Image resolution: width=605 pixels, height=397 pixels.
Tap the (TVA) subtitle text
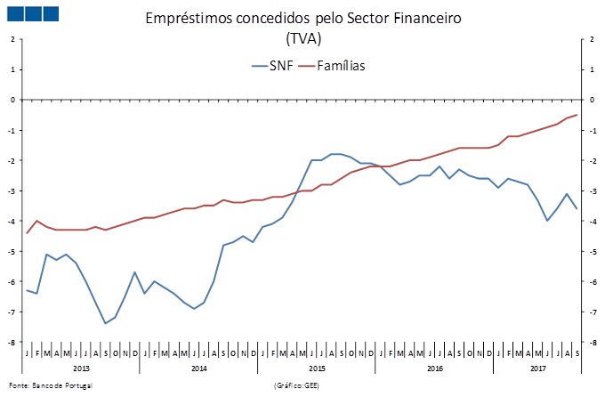[x=302, y=40]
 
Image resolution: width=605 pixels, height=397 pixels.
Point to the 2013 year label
[x=80, y=368]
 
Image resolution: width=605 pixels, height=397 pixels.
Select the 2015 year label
[x=316, y=368]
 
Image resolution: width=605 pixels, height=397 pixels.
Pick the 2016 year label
[x=434, y=368]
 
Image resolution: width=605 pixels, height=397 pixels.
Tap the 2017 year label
[x=536, y=368]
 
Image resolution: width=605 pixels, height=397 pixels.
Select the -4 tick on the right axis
[x=592, y=222]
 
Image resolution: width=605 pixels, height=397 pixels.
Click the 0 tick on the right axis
[x=592, y=100]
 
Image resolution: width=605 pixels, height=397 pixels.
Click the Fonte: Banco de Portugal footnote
[x=50, y=385]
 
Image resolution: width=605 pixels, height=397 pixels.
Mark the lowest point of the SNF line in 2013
[x=106, y=323]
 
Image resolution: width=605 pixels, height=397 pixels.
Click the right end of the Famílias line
[x=577, y=115]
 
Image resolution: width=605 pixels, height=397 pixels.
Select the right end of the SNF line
[x=577, y=209]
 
